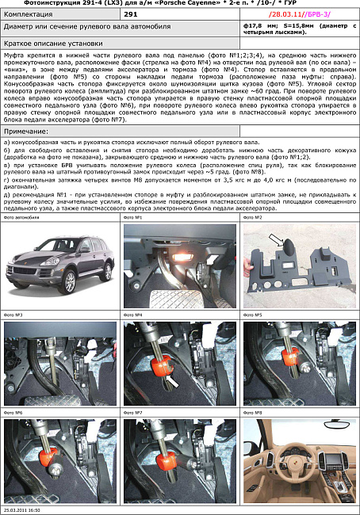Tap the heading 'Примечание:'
pos(26,130)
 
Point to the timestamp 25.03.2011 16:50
pos(23,510)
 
